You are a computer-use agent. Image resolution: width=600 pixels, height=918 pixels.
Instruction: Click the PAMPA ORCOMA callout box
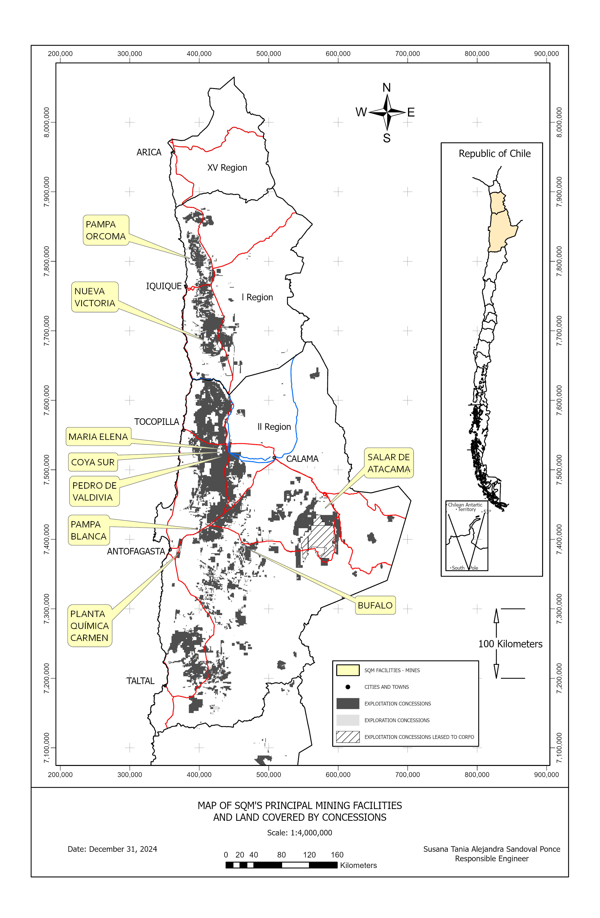coord(106,230)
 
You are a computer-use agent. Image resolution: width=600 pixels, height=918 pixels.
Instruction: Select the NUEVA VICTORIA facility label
coord(95,297)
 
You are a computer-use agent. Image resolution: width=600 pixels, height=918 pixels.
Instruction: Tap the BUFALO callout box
coord(375,605)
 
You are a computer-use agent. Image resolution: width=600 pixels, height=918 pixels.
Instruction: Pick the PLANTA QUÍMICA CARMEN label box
coord(89,626)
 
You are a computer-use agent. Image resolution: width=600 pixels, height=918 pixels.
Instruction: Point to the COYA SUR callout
coord(92,462)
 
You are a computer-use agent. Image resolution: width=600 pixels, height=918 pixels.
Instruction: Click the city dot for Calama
coord(274,457)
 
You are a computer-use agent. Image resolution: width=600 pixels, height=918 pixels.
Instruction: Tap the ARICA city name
coord(149,152)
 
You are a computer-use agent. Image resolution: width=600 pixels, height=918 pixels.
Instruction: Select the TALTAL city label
coord(140,681)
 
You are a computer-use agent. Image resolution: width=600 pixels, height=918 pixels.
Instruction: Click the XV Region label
coord(227,168)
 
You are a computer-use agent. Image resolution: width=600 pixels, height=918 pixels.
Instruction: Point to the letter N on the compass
coord(386,88)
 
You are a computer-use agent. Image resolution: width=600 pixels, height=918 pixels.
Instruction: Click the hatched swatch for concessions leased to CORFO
coord(348,737)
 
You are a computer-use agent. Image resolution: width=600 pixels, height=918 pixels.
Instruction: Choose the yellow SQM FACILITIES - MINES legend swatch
coord(348,670)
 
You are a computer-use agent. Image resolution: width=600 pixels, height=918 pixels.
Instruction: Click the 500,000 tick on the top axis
coord(268,54)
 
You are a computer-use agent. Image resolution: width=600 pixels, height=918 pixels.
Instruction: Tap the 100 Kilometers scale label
coord(510,644)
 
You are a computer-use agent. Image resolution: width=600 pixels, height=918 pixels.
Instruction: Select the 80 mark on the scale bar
coord(281,855)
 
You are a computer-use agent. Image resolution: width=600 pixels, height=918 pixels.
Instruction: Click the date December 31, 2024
coord(112,849)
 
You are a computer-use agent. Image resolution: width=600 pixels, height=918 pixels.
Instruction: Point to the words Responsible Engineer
coord(491,859)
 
